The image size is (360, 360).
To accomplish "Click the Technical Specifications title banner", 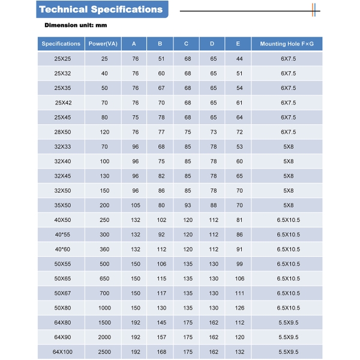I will (101, 10).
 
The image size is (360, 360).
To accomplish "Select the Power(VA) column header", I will (103, 44).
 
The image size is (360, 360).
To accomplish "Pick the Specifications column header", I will (61, 44).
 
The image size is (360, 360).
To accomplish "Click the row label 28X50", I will (62, 132).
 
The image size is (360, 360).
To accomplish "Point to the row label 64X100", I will (62, 352).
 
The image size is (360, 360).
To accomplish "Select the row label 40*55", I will (62, 235).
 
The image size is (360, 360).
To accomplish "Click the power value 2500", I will (104, 352).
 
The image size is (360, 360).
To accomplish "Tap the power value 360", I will (104, 249).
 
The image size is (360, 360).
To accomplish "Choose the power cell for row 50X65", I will (104, 278).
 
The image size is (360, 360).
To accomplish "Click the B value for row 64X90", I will (161, 337).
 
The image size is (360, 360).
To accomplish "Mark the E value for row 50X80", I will (239, 308).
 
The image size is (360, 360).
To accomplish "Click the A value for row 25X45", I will (135, 118).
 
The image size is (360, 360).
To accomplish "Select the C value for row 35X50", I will (187, 205).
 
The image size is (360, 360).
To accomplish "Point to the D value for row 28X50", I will (213, 132).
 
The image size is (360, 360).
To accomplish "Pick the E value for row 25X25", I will (239, 59).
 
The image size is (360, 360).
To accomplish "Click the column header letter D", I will (212, 44).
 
